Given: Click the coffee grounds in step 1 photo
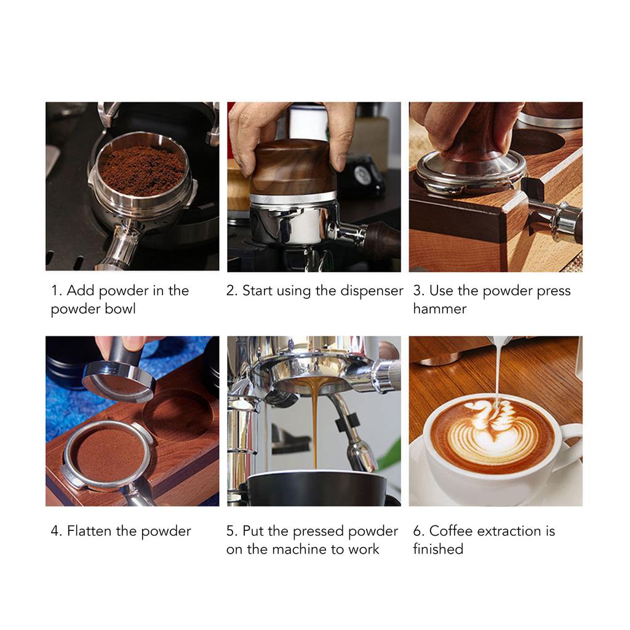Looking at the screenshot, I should click(x=142, y=170).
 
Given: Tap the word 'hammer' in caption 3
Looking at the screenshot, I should click(x=439, y=309).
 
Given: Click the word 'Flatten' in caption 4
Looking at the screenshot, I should click(x=89, y=531).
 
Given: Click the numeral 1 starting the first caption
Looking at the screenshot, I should click(x=54, y=290).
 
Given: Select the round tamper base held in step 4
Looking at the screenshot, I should click(x=118, y=379).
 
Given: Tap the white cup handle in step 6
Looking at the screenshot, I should click(x=571, y=443).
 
